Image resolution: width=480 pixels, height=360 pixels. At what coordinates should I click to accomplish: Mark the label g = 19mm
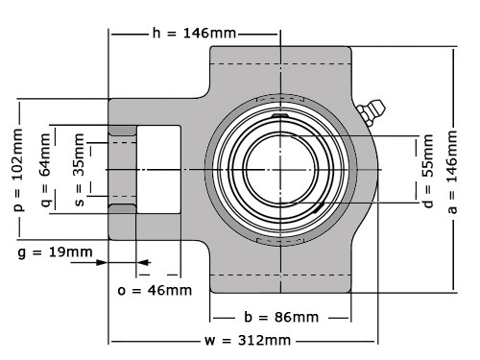(57, 252)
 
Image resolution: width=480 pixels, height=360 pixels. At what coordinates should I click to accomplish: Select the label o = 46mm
(155, 289)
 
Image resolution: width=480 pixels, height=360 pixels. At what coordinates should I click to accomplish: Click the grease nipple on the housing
(370, 112)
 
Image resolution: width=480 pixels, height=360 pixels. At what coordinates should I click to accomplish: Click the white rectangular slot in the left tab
(158, 169)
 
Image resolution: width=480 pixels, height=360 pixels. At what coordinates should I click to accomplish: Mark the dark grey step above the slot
(122, 130)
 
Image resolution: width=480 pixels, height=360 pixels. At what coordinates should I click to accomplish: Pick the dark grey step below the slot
(122, 208)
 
